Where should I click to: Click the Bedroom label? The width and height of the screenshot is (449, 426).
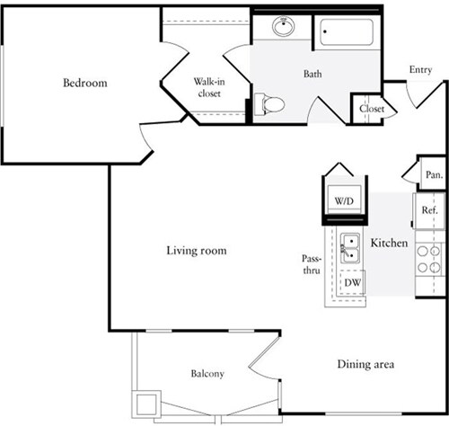tap(84, 83)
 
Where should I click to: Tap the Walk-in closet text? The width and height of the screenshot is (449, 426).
tap(209, 86)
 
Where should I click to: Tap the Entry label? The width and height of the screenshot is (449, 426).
tap(420, 69)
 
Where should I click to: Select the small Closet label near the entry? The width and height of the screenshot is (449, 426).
tap(372, 109)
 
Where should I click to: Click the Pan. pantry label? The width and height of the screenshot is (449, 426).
tap(434, 175)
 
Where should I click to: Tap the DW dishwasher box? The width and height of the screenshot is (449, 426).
tap(354, 282)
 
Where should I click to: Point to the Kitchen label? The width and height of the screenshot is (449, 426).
tap(390, 244)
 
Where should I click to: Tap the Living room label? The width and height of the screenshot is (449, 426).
tap(196, 251)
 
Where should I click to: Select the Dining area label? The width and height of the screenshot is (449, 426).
tap(367, 364)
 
